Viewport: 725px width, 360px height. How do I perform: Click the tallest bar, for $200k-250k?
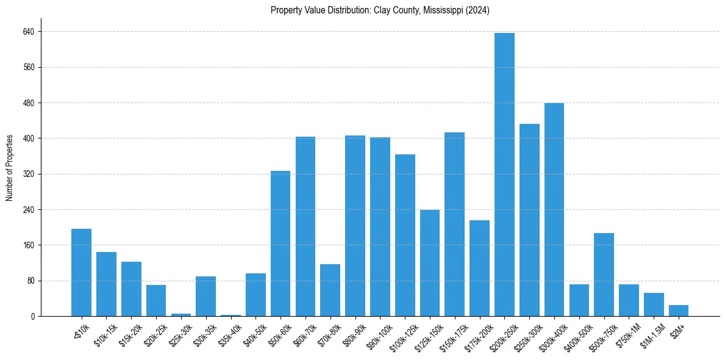[x=504, y=175]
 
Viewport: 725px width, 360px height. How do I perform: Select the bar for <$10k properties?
[x=81, y=273]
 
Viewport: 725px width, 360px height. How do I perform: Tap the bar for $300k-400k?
[x=554, y=210]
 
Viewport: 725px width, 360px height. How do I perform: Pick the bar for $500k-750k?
[x=604, y=275]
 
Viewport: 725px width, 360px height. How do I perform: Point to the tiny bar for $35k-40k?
[x=230, y=315]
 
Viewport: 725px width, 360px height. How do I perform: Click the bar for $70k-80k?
[x=330, y=290]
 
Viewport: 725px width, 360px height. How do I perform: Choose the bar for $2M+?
[x=679, y=311]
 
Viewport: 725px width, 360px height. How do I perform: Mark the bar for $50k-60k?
[x=280, y=243]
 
